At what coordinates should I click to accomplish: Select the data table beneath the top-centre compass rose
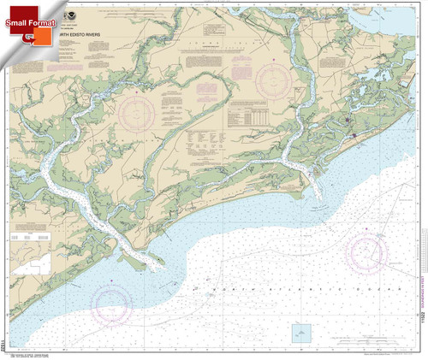pyautogui.click(x=256, y=117)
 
